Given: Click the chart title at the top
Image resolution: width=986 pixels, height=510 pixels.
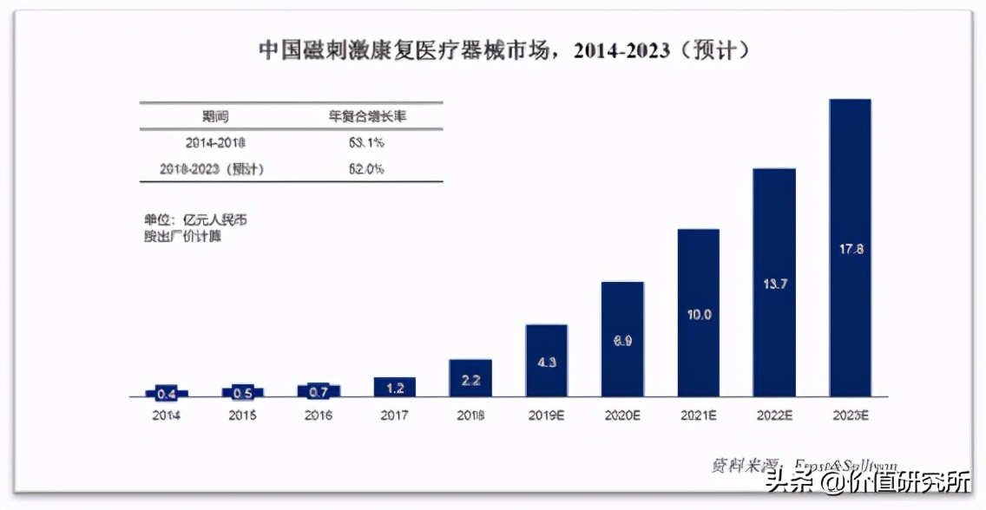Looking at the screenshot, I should click(504, 50).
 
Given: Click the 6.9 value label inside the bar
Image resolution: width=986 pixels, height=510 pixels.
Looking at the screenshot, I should click(622, 341).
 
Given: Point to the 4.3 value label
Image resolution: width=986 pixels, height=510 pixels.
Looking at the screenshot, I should click(547, 363).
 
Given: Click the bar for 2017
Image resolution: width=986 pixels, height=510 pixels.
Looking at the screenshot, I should click(395, 387).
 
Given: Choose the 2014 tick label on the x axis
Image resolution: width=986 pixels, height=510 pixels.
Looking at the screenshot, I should click(167, 415).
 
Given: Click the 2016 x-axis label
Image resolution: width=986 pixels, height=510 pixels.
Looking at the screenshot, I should click(319, 415).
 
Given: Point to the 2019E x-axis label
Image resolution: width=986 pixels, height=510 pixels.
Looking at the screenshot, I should click(547, 415).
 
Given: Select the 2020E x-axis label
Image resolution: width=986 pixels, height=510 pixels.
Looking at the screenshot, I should click(622, 415).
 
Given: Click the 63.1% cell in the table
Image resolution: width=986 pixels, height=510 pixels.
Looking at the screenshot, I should click(367, 142).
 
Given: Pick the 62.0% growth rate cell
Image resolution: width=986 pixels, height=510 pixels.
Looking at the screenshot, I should click(367, 169).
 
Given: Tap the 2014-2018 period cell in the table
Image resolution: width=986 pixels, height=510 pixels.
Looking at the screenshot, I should click(214, 142).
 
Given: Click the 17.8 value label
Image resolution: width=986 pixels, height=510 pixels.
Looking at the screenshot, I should click(850, 249).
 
